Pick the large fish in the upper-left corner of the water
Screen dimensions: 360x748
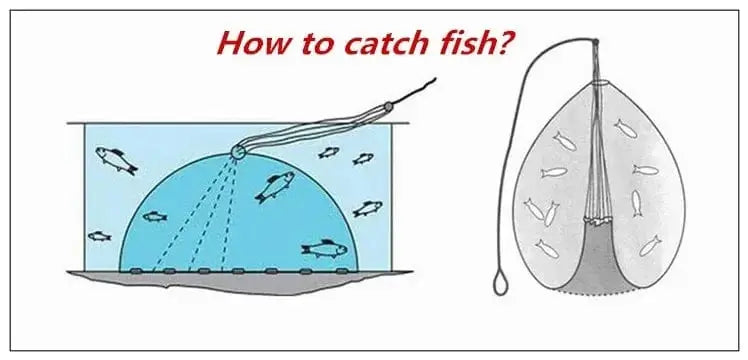(115, 160)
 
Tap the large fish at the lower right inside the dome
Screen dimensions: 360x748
(323, 247)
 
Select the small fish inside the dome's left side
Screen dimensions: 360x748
(154, 216)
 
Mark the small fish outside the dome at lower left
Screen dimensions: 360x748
(98, 236)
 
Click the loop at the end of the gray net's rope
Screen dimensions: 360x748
(500, 287)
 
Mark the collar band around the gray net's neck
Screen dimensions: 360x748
(596, 81)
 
